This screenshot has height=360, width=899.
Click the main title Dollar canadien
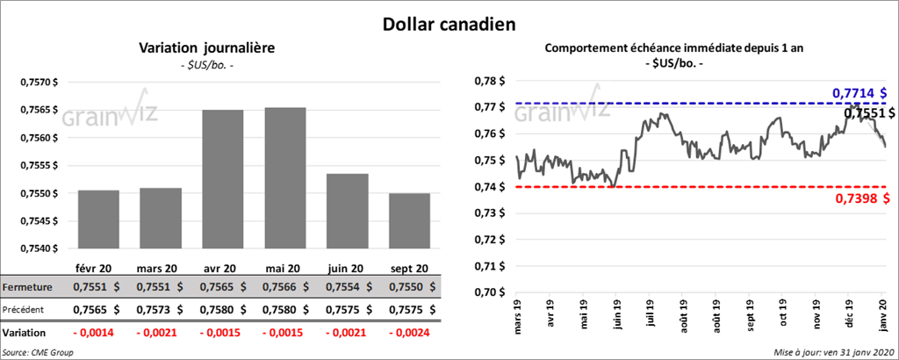coord(449,23)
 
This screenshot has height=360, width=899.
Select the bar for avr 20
coord(223,179)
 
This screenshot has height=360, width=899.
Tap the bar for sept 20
coord(409,220)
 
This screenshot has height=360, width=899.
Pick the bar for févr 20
coord(98,220)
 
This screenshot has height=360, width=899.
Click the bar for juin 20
coord(347,211)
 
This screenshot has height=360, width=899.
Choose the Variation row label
coord(25,334)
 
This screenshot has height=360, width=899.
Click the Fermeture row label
coord(26,287)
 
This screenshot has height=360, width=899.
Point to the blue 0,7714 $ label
coord(858,92)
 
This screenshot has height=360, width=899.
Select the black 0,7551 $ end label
coord(868,112)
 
